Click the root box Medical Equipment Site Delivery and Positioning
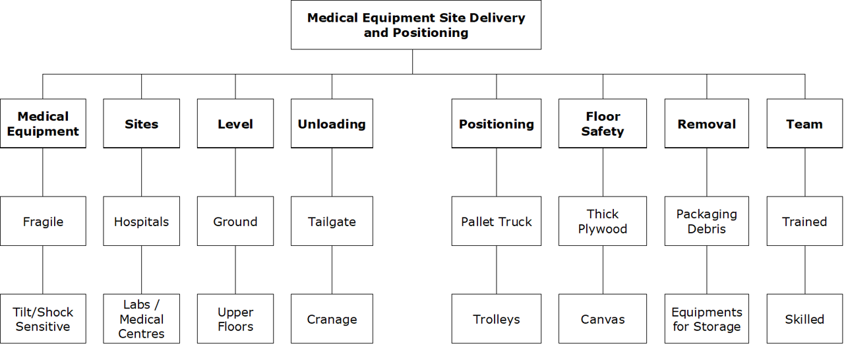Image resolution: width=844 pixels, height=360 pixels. [x=415, y=25]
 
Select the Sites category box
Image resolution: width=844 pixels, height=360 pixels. [x=141, y=123]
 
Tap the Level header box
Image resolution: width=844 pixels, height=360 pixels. [x=235, y=123]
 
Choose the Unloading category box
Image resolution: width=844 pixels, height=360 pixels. [x=332, y=123]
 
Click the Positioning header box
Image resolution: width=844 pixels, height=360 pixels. [x=496, y=123]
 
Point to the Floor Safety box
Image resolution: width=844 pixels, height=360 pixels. [x=602, y=123]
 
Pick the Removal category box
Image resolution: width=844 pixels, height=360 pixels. [x=706, y=123]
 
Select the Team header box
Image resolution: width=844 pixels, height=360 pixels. [x=804, y=123]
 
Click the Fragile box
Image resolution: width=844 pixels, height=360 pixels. [x=43, y=221]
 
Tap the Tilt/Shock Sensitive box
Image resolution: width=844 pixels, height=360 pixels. [x=43, y=318]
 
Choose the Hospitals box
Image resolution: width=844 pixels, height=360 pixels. [x=141, y=221]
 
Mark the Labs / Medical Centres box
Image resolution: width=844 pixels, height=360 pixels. [x=141, y=318]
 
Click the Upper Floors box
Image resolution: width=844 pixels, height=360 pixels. [x=235, y=318]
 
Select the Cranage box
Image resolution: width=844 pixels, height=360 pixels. [x=332, y=318]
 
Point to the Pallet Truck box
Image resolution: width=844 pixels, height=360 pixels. [x=496, y=221]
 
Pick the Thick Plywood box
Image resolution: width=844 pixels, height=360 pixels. [x=602, y=221]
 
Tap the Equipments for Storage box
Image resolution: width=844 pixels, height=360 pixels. [x=706, y=318]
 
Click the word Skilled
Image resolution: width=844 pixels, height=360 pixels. [x=804, y=319]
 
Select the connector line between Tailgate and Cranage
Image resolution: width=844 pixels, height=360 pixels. [x=332, y=270]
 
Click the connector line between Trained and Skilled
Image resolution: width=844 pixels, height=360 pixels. [x=804, y=270]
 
